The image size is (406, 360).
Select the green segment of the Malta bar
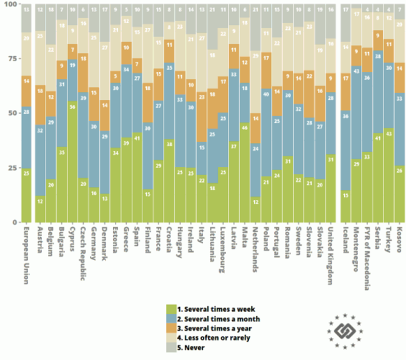click(x=244, y=174)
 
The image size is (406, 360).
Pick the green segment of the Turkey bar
click(x=389, y=175)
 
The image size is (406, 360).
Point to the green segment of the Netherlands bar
click(x=255, y=209)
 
